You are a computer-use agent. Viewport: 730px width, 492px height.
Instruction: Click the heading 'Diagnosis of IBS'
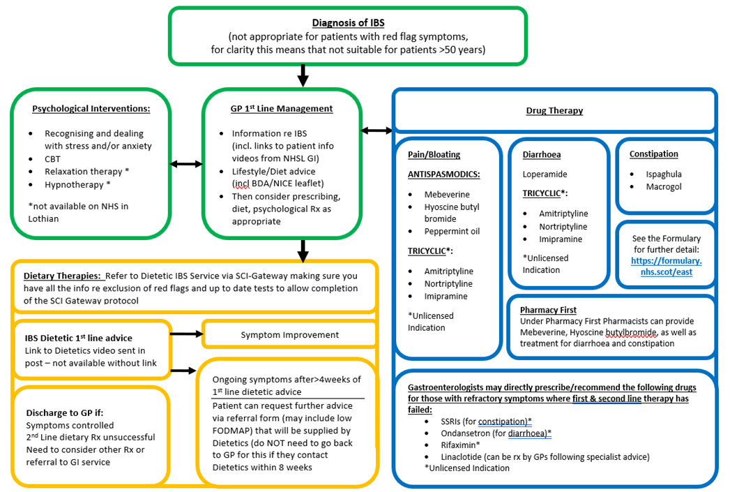click(347, 23)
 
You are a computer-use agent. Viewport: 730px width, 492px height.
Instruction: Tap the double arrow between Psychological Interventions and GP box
click(186, 164)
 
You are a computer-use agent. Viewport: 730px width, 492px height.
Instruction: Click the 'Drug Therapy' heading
click(554, 110)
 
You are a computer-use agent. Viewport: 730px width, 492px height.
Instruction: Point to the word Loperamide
click(545, 174)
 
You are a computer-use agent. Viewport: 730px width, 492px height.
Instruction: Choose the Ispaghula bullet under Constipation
click(663, 174)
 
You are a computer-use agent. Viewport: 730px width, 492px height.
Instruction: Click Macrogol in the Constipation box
click(663, 187)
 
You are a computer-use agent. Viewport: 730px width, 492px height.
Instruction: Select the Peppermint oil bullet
click(452, 231)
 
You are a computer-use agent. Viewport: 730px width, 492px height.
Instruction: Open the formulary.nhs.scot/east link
click(666, 266)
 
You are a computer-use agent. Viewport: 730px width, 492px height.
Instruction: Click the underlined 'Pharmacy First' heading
click(548, 310)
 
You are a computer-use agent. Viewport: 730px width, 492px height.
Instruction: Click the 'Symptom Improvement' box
click(289, 334)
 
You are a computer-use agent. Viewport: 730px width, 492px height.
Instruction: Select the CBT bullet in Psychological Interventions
click(53, 159)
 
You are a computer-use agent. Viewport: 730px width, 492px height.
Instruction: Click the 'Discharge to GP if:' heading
click(65, 412)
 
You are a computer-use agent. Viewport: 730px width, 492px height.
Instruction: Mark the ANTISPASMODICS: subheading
click(444, 174)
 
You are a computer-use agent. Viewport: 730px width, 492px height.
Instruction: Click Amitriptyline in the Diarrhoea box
click(563, 214)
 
